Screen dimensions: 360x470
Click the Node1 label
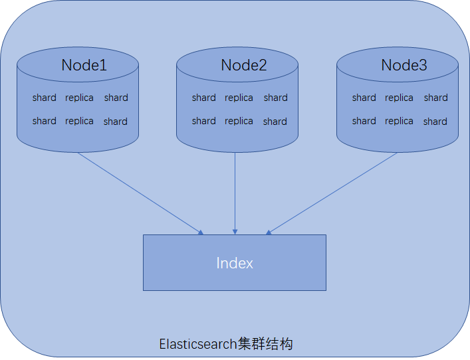pyautogui.click(x=84, y=65)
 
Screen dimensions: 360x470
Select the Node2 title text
pyautogui.click(x=243, y=65)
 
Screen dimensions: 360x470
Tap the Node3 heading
pyautogui.click(x=404, y=65)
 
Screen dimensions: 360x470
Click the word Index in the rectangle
pyautogui.click(x=235, y=263)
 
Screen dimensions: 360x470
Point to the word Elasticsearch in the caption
pyautogui.click(x=198, y=344)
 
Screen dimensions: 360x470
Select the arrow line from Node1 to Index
pyautogui.click(x=140, y=193)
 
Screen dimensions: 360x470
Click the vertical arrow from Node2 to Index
pyautogui.click(x=235, y=193)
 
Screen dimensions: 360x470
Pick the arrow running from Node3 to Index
pyautogui.click(x=332, y=193)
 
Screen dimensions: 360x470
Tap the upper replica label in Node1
pyautogui.click(x=79, y=98)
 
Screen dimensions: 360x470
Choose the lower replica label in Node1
pyautogui.click(x=79, y=121)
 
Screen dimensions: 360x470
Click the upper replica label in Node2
pyautogui.click(x=239, y=98)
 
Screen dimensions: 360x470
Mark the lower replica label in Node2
pyautogui.click(x=239, y=121)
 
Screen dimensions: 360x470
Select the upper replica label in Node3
pyautogui.click(x=399, y=98)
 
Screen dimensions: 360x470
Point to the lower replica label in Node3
pyautogui.click(x=399, y=121)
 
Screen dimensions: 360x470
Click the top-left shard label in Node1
pyautogui.click(x=44, y=98)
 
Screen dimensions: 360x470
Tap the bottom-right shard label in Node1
pyautogui.click(x=115, y=122)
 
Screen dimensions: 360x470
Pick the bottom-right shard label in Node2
pyautogui.click(x=275, y=122)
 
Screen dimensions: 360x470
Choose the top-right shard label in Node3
pyautogui.click(x=435, y=98)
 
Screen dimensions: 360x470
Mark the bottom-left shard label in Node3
pyautogui.click(x=364, y=121)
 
